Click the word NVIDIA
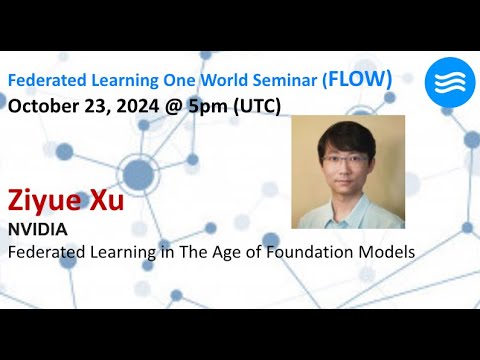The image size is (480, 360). point(37,230)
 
